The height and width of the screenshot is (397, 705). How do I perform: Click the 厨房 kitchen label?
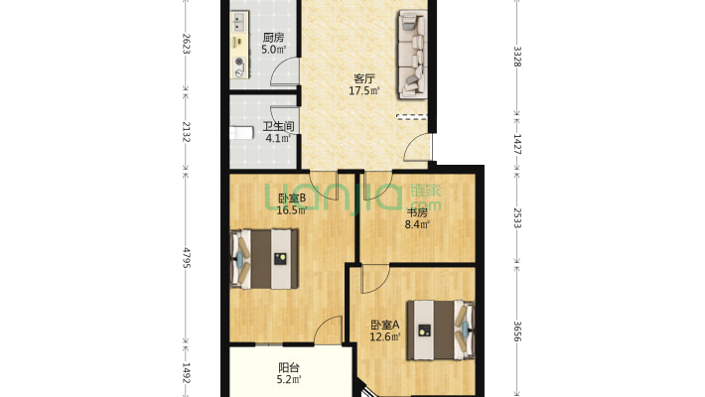273,38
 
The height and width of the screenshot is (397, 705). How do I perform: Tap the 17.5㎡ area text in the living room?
364,91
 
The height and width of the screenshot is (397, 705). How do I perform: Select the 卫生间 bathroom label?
278,126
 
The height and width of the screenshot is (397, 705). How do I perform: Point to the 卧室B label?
292,198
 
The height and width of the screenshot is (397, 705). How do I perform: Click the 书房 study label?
417,212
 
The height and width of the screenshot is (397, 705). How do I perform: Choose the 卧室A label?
385,325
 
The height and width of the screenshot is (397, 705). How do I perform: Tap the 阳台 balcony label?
289,368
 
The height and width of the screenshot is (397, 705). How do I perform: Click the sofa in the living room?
412,55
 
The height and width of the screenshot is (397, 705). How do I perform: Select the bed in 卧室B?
264,259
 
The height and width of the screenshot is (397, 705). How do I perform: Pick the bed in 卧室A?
441,331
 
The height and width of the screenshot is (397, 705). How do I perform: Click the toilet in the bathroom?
241,133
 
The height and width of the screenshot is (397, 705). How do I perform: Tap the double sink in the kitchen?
238,23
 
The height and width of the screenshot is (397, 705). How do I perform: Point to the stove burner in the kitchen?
239,63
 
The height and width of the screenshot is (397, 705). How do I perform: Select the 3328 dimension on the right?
517,57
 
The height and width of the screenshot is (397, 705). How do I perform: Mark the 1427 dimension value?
517,144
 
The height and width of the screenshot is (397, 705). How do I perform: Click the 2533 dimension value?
517,218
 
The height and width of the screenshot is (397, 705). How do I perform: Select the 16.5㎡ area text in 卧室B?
292,210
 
